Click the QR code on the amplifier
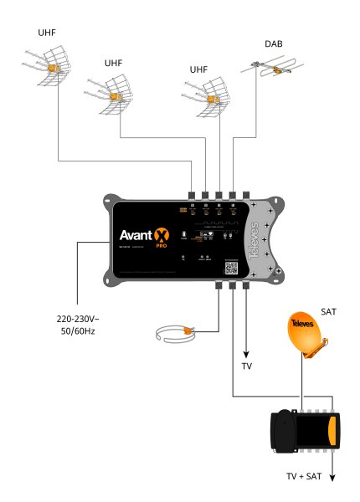[x=232, y=266]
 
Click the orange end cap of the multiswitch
[x=334, y=431]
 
